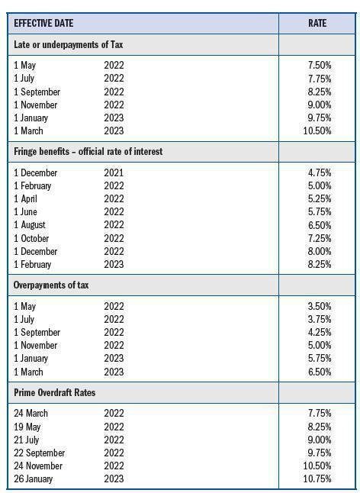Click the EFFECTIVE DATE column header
click(x=43, y=24)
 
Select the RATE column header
click(x=317, y=24)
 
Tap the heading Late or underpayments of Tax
click(x=69, y=45)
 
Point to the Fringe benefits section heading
click(x=88, y=152)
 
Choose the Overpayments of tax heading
click(x=56, y=285)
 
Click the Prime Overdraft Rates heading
click(x=54, y=392)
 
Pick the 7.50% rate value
click(x=319, y=66)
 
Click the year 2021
click(x=114, y=172)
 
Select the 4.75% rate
click(x=319, y=172)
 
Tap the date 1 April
click(x=25, y=198)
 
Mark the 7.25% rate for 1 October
click(x=319, y=238)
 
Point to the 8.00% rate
click(x=319, y=251)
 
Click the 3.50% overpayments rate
click(x=319, y=306)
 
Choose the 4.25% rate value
click(x=319, y=332)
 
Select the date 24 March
click(x=31, y=413)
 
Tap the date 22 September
click(x=40, y=453)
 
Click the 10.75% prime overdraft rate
click(x=317, y=478)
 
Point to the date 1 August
click(x=30, y=225)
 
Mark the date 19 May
click(x=27, y=427)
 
